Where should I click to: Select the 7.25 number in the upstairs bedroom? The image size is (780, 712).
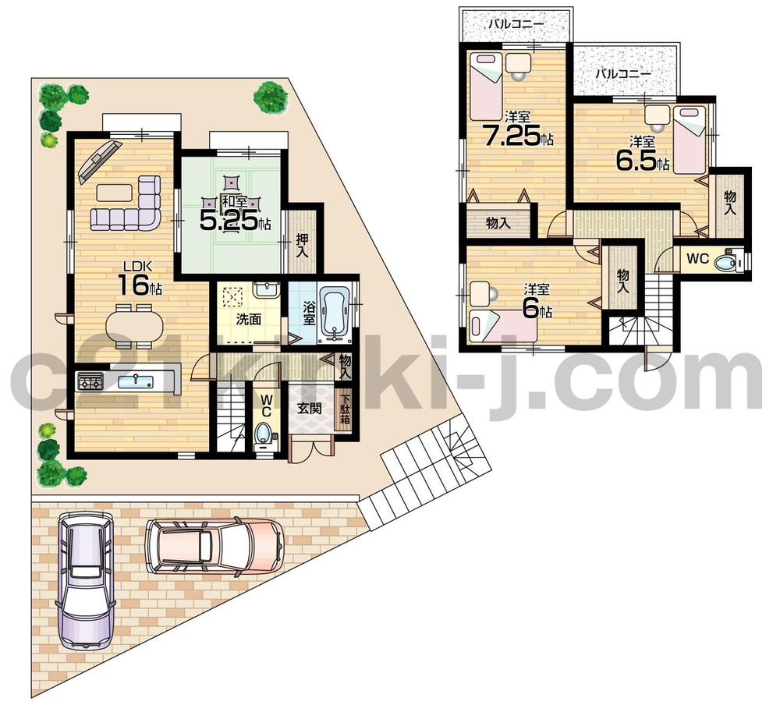511,137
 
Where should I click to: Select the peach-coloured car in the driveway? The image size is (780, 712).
214,543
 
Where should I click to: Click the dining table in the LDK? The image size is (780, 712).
136,324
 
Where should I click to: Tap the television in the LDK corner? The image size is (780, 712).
94,160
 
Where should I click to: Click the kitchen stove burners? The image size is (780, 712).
90,382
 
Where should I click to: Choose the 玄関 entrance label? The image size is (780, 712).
307,408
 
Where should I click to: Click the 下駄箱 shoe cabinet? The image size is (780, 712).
345,411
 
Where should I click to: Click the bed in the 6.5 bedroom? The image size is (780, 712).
689,140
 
